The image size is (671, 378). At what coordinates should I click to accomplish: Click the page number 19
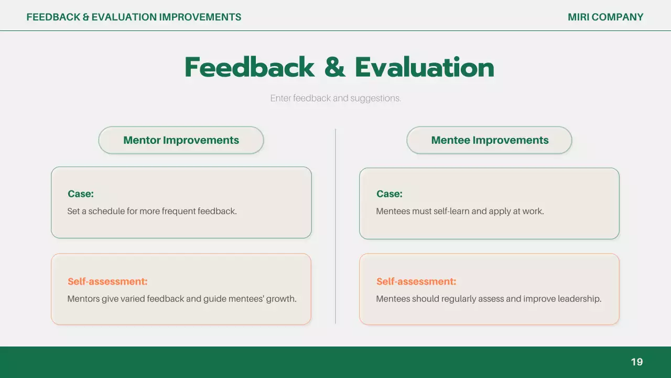click(x=637, y=362)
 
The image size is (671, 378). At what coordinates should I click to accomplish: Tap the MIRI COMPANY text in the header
click(x=605, y=17)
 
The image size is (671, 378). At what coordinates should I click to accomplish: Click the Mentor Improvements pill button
click(x=181, y=140)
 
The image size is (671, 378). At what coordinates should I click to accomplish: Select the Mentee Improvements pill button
click(x=489, y=140)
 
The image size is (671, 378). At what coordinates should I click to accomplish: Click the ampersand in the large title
click(x=334, y=67)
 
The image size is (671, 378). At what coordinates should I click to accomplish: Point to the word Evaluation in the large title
click(x=425, y=67)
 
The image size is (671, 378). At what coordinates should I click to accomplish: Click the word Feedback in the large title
click(x=250, y=67)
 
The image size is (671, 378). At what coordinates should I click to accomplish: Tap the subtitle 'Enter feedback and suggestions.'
click(x=335, y=98)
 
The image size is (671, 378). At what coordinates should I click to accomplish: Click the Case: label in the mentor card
click(x=81, y=194)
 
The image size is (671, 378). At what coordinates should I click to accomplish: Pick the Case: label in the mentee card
click(x=389, y=194)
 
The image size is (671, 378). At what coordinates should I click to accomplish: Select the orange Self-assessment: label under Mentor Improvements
click(x=107, y=281)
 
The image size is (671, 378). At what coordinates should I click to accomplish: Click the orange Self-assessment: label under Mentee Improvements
click(x=416, y=281)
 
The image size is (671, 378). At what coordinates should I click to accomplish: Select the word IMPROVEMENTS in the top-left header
click(x=200, y=17)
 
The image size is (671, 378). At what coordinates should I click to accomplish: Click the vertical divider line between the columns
click(x=335, y=226)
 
